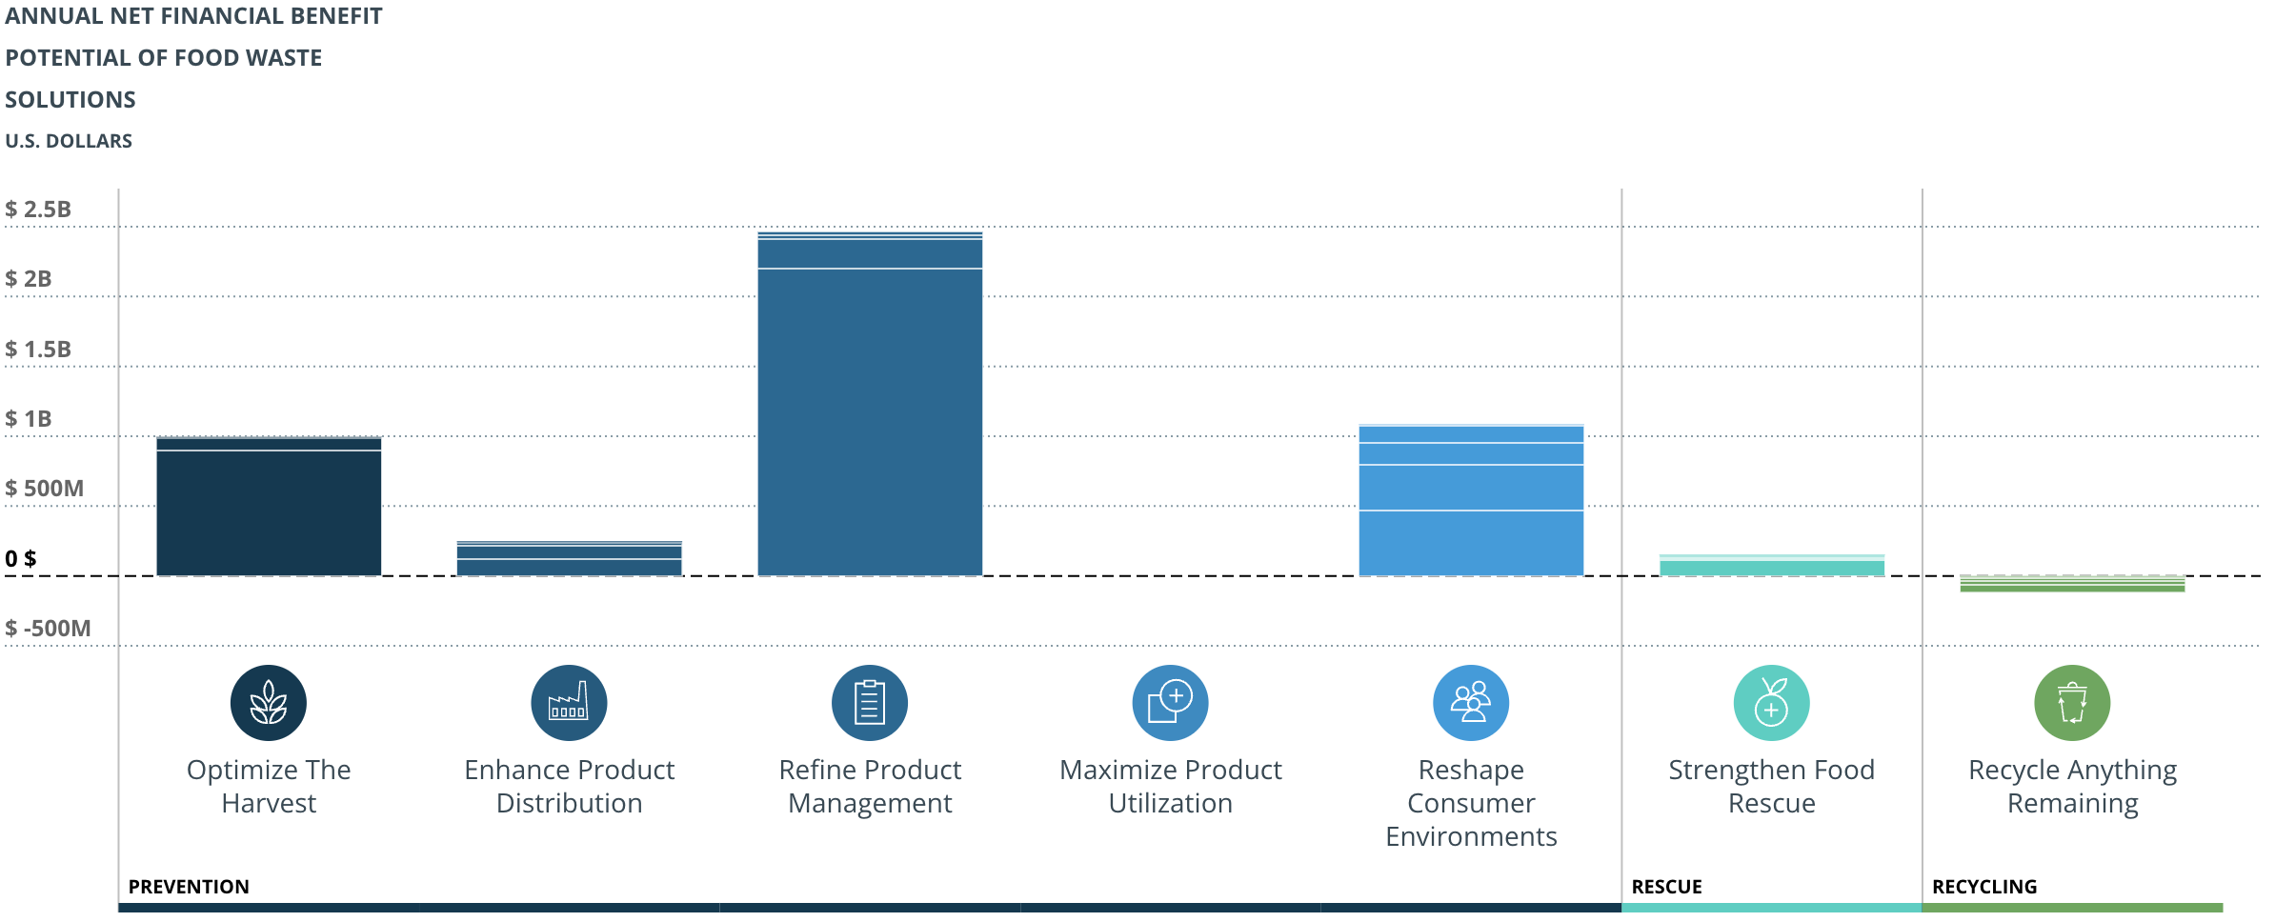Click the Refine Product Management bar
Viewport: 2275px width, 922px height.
click(x=870, y=410)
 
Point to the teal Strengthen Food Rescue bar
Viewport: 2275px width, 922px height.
click(x=1771, y=567)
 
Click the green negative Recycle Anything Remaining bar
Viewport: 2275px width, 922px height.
click(x=2072, y=585)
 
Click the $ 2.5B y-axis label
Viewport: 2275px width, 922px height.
click(x=38, y=210)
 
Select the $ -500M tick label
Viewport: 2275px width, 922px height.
click(x=48, y=629)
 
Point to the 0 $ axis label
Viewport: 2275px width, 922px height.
click(x=21, y=559)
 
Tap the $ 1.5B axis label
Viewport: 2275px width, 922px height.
click(x=38, y=350)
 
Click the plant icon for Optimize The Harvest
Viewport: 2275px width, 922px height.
click(x=269, y=703)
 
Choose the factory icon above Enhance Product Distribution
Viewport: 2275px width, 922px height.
click(x=569, y=703)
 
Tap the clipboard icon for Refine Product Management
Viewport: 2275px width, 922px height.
click(x=870, y=703)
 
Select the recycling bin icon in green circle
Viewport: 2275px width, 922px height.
click(x=2072, y=703)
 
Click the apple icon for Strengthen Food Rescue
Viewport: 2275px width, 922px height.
click(x=1771, y=703)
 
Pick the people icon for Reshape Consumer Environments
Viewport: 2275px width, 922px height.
click(x=1471, y=703)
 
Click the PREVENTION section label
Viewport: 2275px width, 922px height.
click(x=189, y=887)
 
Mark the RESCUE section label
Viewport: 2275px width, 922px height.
click(x=1666, y=887)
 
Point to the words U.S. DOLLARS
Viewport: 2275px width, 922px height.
click(x=69, y=141)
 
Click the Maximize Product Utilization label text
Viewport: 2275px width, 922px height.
click(x=1170, y=786)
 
